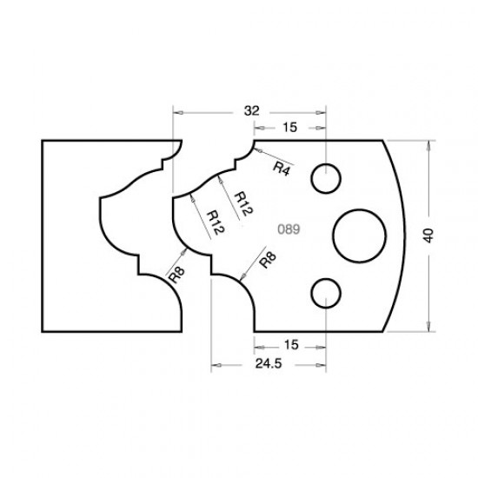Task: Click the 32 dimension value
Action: [x=252, y=112]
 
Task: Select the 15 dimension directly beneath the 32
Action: [x=290, y=128]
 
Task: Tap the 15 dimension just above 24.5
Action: [x=290, y=345]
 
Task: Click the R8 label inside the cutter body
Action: [x=267, y=262]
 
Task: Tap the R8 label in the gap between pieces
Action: [x=176, y=276]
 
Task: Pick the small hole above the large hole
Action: [x=328, y=179]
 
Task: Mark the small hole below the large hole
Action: [x=328, y=292]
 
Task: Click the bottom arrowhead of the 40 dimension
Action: [x=429, y=327]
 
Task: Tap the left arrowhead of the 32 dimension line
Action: [x=177, y=112]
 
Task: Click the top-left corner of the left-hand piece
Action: [x=42, y=140]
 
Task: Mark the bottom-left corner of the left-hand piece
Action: [x=42, y=331]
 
